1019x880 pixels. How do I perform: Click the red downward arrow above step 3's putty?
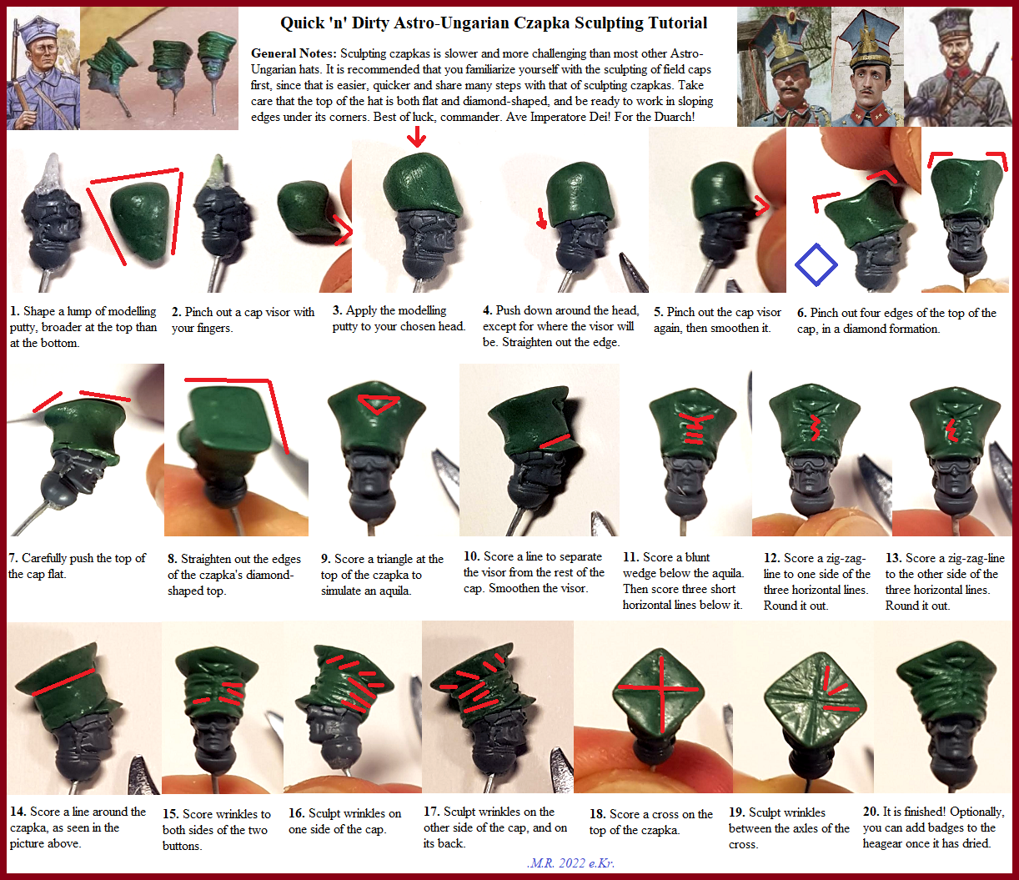tap(417, 136)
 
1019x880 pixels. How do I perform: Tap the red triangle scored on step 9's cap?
tap(378, 404)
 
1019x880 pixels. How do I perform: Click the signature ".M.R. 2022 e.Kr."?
tap(570, 862)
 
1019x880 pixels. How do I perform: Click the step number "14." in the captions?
tap(18, 812)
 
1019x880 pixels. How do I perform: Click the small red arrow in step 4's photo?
tap(542, 219)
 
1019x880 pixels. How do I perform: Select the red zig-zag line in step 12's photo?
tap(815, 428)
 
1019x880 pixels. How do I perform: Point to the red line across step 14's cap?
tap(63, 681)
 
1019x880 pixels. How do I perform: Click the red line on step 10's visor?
tap(555, 441)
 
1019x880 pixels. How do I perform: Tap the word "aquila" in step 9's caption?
tap(393, 591)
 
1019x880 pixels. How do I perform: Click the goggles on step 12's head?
tap(811, 465)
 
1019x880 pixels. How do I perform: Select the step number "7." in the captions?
tap(13, 558)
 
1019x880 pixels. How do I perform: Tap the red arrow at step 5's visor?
tap(762, 206)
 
